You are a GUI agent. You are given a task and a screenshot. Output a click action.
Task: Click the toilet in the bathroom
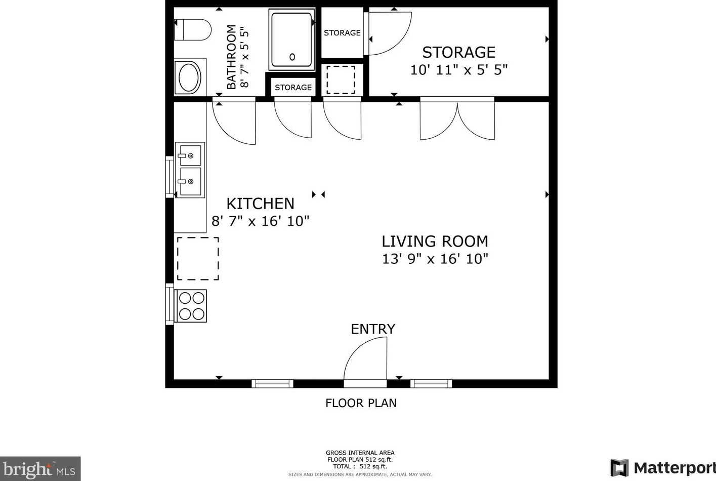[192, 30]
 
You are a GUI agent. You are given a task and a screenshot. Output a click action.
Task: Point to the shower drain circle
[292, 57]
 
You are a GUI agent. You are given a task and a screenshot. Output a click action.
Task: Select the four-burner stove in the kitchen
[191, 306]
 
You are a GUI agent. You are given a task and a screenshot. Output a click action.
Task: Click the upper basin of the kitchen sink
[190, 155]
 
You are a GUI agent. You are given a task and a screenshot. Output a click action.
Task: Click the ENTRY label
[373, 329]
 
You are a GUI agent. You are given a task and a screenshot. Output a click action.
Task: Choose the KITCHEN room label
[260, 204]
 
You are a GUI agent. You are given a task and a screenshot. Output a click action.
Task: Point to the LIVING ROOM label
[435, 242]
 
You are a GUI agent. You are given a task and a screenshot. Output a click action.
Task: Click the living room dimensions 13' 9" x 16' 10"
[435, 259]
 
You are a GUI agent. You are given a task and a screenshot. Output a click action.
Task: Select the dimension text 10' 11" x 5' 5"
[458, 70]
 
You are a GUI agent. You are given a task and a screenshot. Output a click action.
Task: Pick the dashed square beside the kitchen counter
[198, 259]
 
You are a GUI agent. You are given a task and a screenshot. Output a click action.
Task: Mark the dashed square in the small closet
[341, 80]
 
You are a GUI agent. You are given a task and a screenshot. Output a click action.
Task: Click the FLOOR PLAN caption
[361, 403]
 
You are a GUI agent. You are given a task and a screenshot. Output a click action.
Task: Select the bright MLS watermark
[39, 469]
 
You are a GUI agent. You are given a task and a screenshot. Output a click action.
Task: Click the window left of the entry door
[272, 383]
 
